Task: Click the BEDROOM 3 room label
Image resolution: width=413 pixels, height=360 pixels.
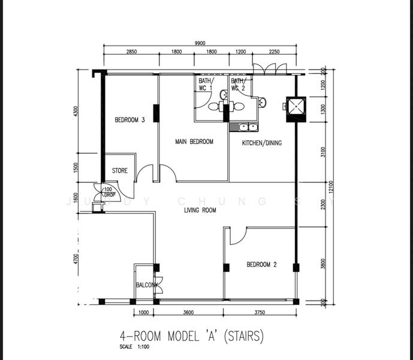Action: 129,120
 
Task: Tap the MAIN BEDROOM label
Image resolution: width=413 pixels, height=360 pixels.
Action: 194,142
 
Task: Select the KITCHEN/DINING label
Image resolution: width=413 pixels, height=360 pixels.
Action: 261,143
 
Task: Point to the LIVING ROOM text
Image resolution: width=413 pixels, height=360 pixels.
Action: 200,211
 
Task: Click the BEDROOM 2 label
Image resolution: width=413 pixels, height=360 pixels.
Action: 261,265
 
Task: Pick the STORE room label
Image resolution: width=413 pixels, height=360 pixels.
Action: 119,171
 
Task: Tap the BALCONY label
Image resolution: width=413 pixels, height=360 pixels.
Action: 147,285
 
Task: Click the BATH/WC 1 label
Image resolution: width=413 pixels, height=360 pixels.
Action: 206,85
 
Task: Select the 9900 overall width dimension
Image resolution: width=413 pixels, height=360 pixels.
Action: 200,43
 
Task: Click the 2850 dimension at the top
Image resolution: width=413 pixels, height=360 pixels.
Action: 131,52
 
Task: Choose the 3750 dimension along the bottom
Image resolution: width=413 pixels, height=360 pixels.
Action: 260,313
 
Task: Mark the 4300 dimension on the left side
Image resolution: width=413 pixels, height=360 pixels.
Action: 76,112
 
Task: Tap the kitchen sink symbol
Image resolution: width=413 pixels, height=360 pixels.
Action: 248,127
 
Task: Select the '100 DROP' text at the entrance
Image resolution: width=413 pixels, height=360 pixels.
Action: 109,193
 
